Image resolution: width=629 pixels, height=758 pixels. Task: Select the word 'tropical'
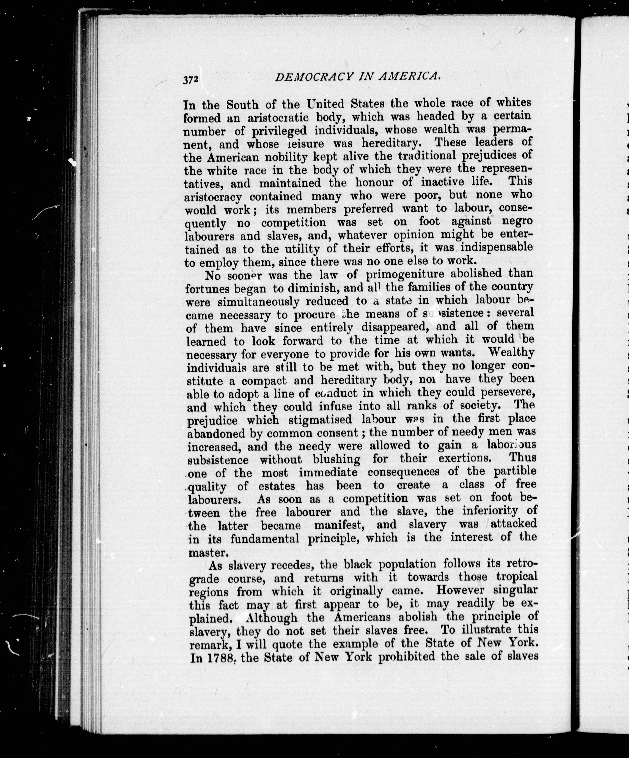point(517,576)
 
